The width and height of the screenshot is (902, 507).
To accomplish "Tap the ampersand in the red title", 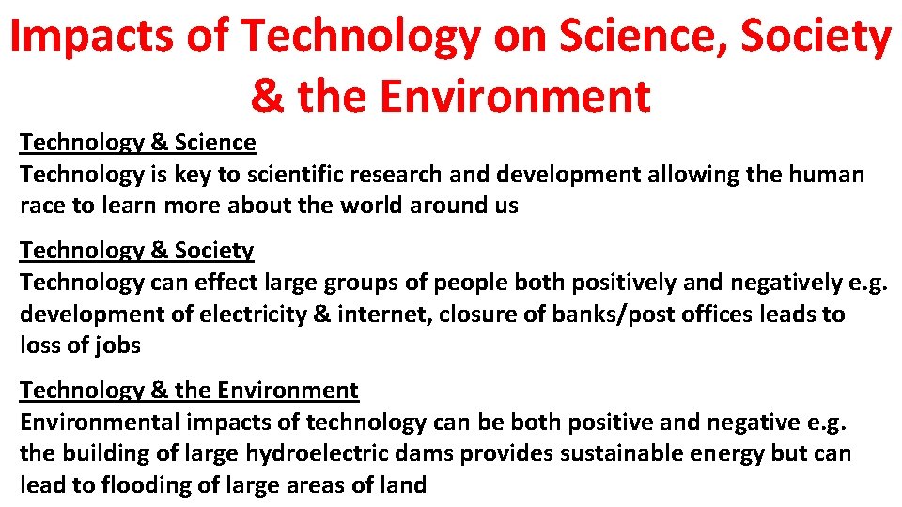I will point(267,96).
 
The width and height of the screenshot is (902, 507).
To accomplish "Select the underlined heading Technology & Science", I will point(137,143).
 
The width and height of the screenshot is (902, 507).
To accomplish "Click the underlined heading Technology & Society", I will point(137,251).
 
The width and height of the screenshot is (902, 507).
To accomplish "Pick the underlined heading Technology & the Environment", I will point(189,391).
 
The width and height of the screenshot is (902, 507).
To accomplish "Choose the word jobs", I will point(117,346).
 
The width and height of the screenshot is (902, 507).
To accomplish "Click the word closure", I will point(479,314).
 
